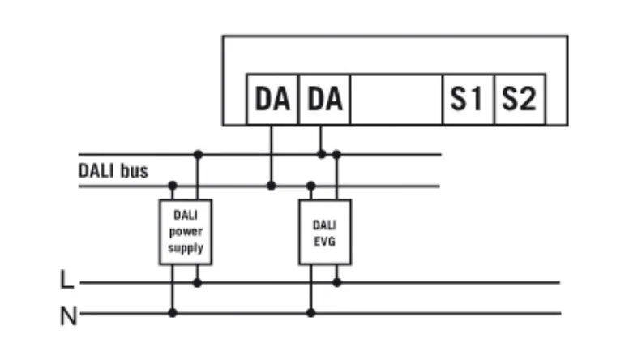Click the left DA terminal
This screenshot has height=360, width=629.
pyautogui.click(x=272, y=100)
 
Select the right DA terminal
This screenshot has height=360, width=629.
pyautogui.click(x=324, y=100)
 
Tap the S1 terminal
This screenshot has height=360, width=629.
pyautogui.click(x=467, y=100)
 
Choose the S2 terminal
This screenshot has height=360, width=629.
pyautogui.click(x=519, y=100)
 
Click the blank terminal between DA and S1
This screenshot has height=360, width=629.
pyautogui.click(x=396, y=100)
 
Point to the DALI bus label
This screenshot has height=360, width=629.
pyautogui.click(x=113, y=170)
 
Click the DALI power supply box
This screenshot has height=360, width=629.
pyautogui.click(x=185, y=232)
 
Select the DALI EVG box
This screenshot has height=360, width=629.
pyautogui.click(x=325, y=232)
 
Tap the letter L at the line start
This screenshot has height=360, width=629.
pyautogui.click(x=67, y=282)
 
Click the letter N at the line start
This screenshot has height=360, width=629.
pyautogui.click(x=68, y=315)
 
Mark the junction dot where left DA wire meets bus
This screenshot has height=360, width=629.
pyautogui.click(x=272, y=186)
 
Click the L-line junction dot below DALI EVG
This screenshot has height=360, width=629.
pyautogui.click(x=337, y=282)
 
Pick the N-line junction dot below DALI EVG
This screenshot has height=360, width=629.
pyautogui.click(x=310, y=312)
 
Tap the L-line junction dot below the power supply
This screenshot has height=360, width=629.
pyautogui.click(x=197, y=282)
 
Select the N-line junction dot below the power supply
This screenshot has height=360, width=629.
pyautogui.click(x=172, y=312)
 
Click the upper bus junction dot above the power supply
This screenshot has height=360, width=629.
pyautogui.click(x=197, y=153)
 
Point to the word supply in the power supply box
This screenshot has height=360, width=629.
pyautogui.click(x=185, y=247)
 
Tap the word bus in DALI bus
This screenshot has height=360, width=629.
pyautogui.click(x=134, y=170)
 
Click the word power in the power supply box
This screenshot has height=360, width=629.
pyautogui.click(x=185, y=232)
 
